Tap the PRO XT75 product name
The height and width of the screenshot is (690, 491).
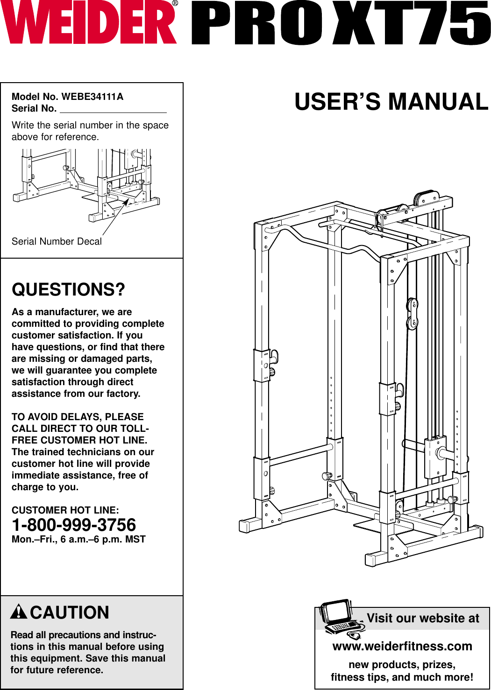[x=341, y=23]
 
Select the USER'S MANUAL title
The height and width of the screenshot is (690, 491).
[x=391, y=102]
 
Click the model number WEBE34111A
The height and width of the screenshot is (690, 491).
[x=93, y=97]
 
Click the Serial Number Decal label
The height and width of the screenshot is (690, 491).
[x=57, y=241]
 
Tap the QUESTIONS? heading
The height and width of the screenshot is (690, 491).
[x=68, y=289]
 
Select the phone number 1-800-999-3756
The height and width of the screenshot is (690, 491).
[x=74, y=525]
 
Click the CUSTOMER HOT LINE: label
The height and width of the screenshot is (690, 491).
[x=65, y=510]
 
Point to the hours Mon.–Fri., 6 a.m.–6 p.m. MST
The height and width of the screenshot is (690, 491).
[x=78, y=540]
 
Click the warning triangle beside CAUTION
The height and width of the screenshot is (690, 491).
[x=19, y=612]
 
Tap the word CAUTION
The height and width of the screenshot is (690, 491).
[x=70, y=613]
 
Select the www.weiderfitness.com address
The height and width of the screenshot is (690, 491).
[x=402, y=646]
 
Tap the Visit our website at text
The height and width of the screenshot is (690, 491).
[x=423, y=618]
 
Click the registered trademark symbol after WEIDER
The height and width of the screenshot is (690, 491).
[x=175, y=4]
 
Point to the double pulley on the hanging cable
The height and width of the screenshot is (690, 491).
[x=412, y=314]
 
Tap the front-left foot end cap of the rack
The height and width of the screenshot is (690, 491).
[x=244, y=525]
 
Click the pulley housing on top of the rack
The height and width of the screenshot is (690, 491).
[x=425, y=199]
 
